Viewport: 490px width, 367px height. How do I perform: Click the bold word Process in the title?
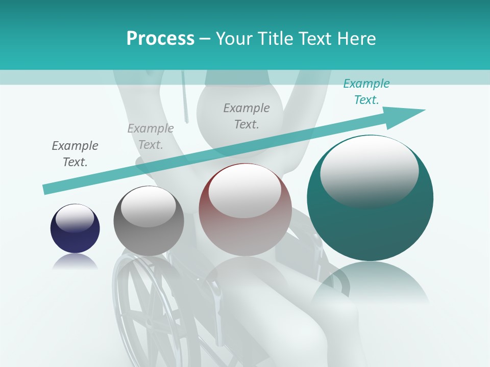160,39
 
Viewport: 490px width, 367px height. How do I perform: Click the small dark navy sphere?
75,229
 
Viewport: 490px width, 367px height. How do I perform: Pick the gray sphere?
149,221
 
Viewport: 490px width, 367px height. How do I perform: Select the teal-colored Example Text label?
366,92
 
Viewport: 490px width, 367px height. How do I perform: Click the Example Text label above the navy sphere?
75,153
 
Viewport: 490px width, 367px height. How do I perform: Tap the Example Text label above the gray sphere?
151,137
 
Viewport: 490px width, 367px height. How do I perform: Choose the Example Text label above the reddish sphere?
247,116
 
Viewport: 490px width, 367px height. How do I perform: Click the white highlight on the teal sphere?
369,171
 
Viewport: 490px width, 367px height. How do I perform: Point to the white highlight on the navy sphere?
75,218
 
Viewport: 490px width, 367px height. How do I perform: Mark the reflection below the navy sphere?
75,262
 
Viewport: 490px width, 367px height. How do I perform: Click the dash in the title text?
205,39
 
